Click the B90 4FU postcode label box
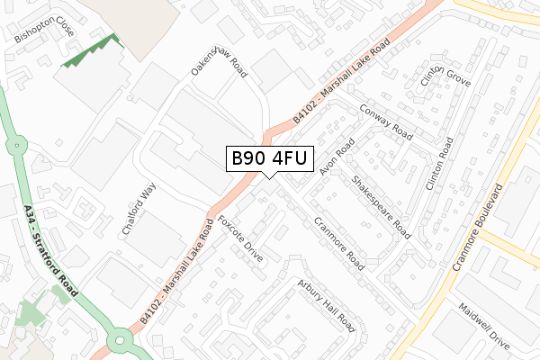(270, 158)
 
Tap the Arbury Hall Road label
(328, 304)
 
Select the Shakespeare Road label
(381, 207)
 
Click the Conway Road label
(385, 121)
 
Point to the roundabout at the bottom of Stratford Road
(119, 340)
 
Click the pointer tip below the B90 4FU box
(270, 176)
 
